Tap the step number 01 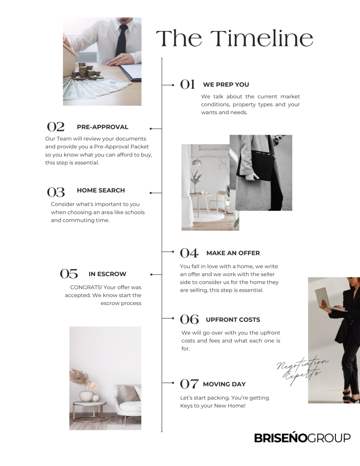(188, 84)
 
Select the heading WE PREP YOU (226, 84)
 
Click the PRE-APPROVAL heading (102, 127)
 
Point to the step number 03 (56, 192)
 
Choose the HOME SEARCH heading (101, 190)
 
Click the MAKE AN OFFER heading (233, 253)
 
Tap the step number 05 (69, 274)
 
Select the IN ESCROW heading (107, 274)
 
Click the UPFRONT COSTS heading (233, 319)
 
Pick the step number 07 (189, 384)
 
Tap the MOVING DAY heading (224, 384)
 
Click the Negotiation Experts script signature (302, 370)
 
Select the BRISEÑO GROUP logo (302, 438)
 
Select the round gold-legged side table (90, 411)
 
